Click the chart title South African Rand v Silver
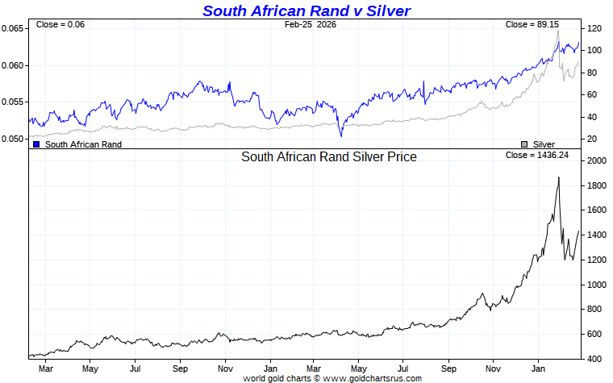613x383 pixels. (306, 10)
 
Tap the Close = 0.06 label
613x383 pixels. (60, 25)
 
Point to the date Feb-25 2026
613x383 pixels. (311, 25)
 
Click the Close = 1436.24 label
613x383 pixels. (536, 155)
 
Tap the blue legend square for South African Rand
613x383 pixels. (36, 144)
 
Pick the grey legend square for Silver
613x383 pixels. (524, 144)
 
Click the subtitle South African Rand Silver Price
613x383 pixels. (329, 157)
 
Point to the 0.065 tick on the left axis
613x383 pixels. (13, 29)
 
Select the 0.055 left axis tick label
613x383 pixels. (13, 102)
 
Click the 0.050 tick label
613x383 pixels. (13, 139)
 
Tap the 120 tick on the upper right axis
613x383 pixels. (595, 29)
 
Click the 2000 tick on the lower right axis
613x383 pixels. (597, 161)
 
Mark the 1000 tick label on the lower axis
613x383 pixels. (597, 285)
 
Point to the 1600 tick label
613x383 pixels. (597, 210)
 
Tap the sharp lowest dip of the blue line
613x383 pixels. (341, 135)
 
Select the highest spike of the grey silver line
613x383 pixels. (557, 31)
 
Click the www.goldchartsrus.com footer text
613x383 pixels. (373, 377)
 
